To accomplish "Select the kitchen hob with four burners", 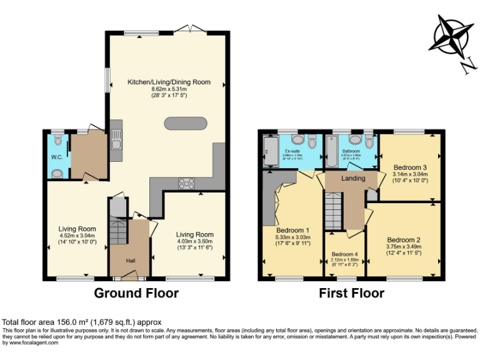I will coord(186,183).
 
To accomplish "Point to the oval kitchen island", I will coord(185,122).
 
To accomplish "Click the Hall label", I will coord(131,261).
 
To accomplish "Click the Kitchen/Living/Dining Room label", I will coord(169,82).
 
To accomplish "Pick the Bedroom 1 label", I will coord(293,230).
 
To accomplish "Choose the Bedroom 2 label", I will coord(403,239).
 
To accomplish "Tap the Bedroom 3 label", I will coord(410,167).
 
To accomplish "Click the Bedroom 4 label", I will coord(345,254).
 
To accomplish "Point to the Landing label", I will coord(353,179).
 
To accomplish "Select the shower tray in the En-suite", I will coord(271,152).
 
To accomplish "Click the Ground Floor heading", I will coord(136,293).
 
